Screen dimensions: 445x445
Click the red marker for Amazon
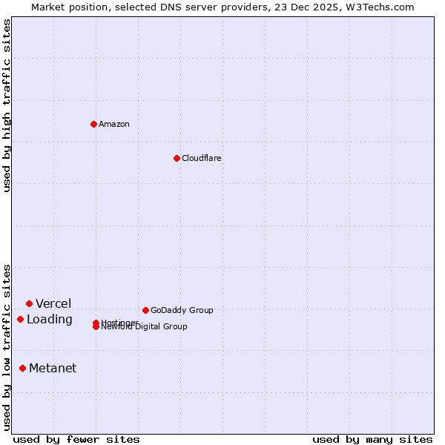point(93,124)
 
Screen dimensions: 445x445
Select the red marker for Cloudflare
point(177,158)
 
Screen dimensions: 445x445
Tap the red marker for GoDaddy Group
point(145,310)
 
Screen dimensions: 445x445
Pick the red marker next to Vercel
point(29,303)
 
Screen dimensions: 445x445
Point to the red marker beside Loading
point(20,319)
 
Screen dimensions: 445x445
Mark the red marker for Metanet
point(22,368)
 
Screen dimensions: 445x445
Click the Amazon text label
point(114,124)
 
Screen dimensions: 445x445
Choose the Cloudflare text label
point(202,158)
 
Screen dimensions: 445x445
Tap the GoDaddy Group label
point(182,310)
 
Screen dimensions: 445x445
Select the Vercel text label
point(53,303)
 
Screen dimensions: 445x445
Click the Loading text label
point(50,320)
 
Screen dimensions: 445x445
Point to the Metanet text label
point(53,369)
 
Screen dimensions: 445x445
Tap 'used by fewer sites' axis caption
point(76,439)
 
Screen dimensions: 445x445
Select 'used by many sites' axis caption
point(372,439)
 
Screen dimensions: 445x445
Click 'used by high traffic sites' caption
point(7,105)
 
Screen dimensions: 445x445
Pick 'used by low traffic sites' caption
point(7,347)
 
